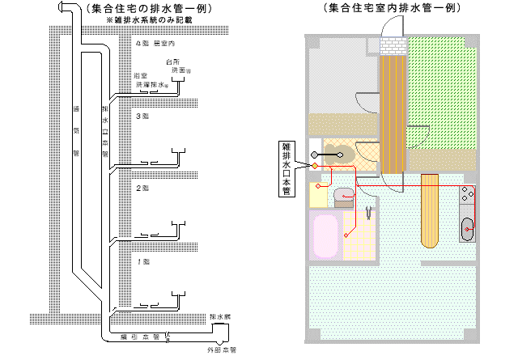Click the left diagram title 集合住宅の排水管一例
[144, 8]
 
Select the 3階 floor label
[142, 116]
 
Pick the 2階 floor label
[142, 188]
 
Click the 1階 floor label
[142, 261]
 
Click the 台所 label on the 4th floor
[171, 61]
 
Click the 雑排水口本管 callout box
[286, 168]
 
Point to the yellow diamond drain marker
[315, 166]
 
